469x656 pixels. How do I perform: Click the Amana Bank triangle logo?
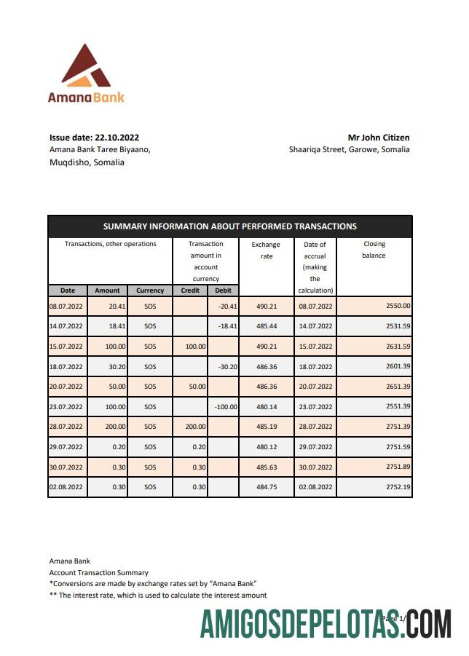86,66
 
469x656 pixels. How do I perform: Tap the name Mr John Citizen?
378,137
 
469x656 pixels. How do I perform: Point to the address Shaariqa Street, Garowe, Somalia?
349,149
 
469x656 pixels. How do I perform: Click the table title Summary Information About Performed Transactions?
230,226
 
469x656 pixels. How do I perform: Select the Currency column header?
150,291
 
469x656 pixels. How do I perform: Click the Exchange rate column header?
266,250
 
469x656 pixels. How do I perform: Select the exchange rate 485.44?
266,326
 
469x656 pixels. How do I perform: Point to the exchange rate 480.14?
266,406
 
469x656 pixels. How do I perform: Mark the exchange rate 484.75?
266,486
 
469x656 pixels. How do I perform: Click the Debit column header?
223,291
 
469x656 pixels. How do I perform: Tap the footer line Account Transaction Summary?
98,573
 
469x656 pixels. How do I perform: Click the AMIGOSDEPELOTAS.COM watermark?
326,625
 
